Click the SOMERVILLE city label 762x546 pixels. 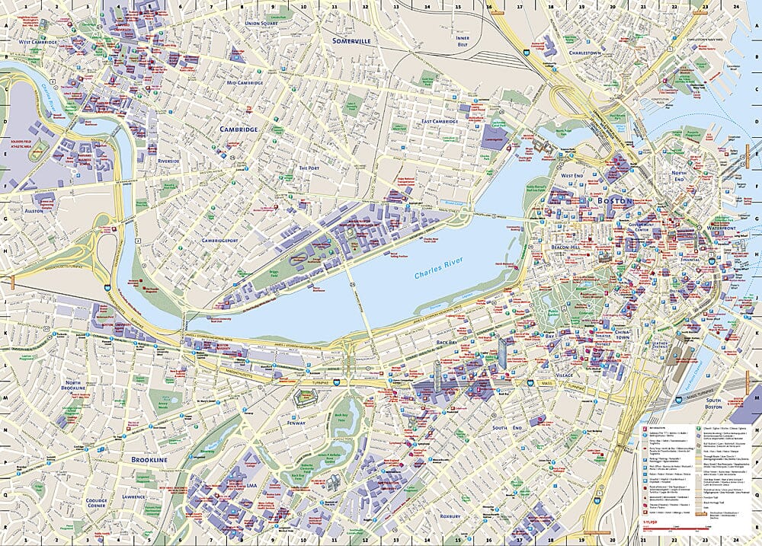351,40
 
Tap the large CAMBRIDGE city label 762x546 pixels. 239,129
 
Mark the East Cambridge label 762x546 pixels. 440,121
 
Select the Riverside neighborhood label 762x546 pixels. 168,161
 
